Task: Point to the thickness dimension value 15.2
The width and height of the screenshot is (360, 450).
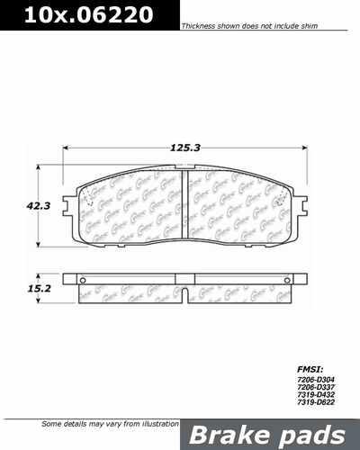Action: (37, 290)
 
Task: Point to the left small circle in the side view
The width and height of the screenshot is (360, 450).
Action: (83, 290)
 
